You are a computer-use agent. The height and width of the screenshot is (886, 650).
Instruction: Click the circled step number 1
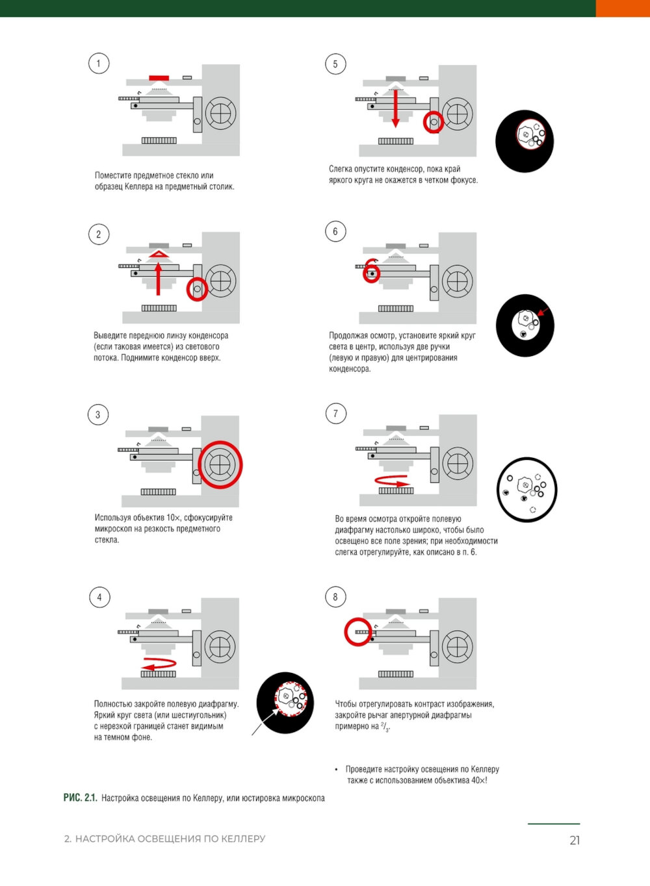click(x=99, y=63)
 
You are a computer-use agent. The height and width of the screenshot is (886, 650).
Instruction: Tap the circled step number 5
click(x=335, y=64)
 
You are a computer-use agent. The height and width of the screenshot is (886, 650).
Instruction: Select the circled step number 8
click(x=335, y=596)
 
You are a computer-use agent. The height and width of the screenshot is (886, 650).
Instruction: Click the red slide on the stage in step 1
click(x=159, y=78)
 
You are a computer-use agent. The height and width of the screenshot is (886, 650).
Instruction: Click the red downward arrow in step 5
click(x=395, y=108)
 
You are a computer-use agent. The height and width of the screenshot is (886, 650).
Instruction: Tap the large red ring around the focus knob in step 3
click(x=220, y=464)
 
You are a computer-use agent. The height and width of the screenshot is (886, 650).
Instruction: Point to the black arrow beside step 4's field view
click(x=265, y=722)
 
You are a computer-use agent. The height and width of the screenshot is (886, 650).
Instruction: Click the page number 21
click(x=575, y=840)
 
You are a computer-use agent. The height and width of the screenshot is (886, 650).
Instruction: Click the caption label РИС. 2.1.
click(x=81, y=798)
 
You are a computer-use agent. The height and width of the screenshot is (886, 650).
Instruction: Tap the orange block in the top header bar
click(x=623, y=8)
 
